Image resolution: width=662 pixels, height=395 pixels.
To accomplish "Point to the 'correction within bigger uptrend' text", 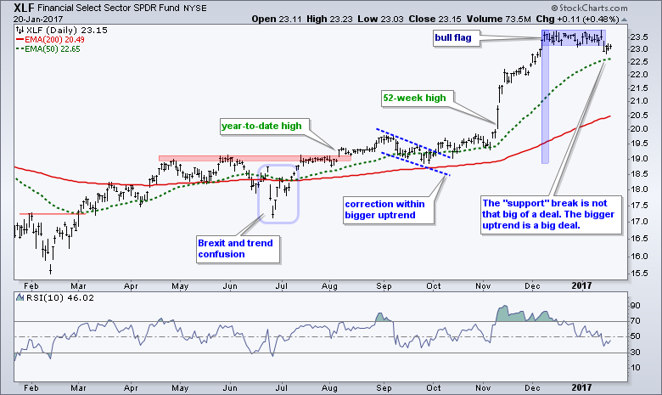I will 385,209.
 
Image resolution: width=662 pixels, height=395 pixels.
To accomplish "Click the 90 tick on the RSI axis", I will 632,303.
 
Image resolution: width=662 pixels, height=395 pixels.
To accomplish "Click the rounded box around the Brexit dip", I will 278,193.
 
